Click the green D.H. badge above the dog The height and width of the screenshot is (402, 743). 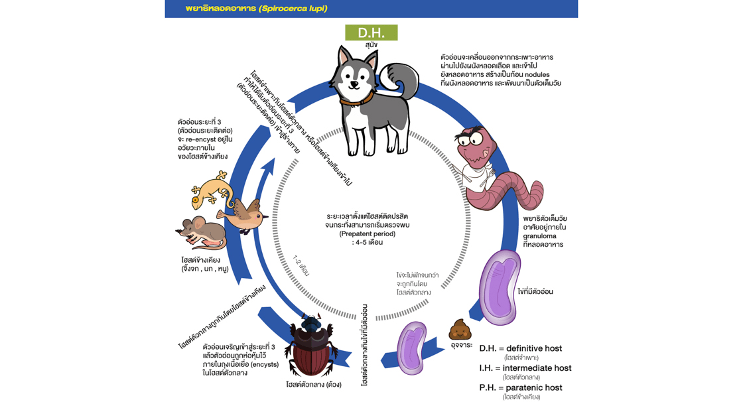[x=371, y=33]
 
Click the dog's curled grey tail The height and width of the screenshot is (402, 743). [x=401, y=81]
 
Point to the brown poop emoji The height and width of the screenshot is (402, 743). [x=460, y=329]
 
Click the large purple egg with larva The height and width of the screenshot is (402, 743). [x=500, y=286]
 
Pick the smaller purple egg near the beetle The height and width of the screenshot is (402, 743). [x=412, y=348]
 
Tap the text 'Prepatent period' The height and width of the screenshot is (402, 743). [x=367, y=234]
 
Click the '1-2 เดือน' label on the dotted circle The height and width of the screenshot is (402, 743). [x=302, y=265]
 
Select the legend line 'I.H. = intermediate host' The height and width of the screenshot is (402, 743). [x=525, y=368]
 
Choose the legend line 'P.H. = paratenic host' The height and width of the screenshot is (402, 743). [x=520, y=387]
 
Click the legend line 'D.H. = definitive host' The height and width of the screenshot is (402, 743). [x=520, y=348]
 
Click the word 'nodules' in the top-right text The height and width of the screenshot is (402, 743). [x=536, y=75]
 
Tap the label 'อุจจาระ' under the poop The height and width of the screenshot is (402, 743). [x=461, y=345]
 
